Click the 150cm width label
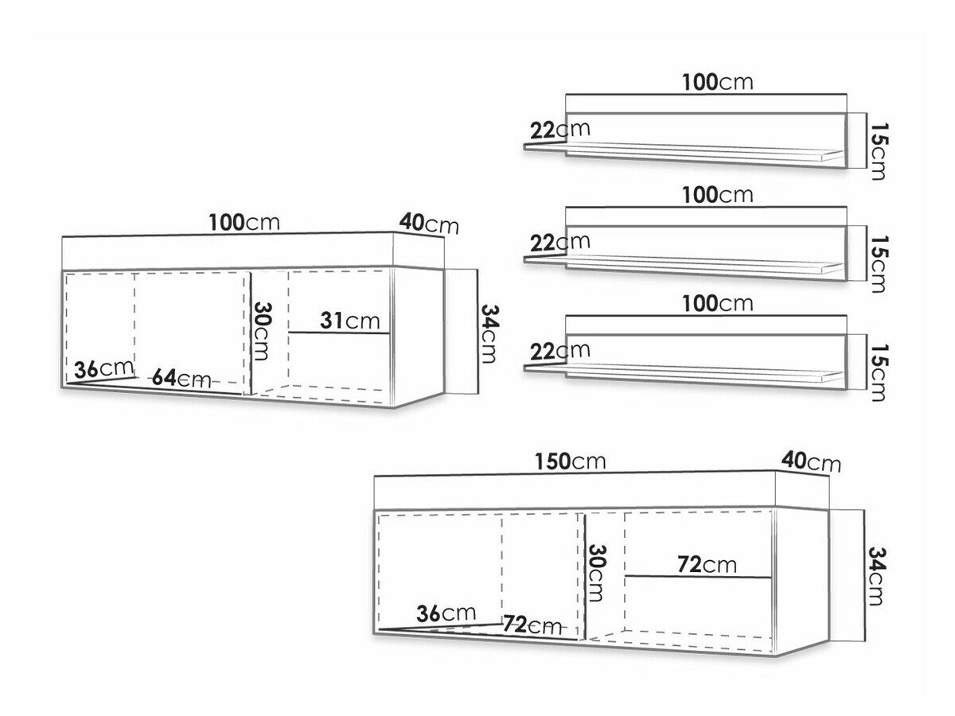570,461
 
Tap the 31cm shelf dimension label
350,321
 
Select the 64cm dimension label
181,378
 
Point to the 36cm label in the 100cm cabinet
103,369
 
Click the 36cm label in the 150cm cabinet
446,613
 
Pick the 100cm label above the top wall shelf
718,82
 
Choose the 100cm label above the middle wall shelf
718,195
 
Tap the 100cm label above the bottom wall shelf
718,303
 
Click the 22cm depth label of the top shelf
560,130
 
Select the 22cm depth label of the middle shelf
560,242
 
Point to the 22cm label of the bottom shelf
560,351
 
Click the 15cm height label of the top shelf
878,151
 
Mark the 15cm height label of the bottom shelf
878,372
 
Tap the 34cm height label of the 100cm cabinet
490,334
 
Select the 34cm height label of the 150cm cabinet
877,575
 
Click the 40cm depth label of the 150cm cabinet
811,461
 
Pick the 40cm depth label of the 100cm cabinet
429,224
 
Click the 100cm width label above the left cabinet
244,223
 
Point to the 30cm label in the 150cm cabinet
595,573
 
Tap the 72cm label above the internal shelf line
707,565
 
